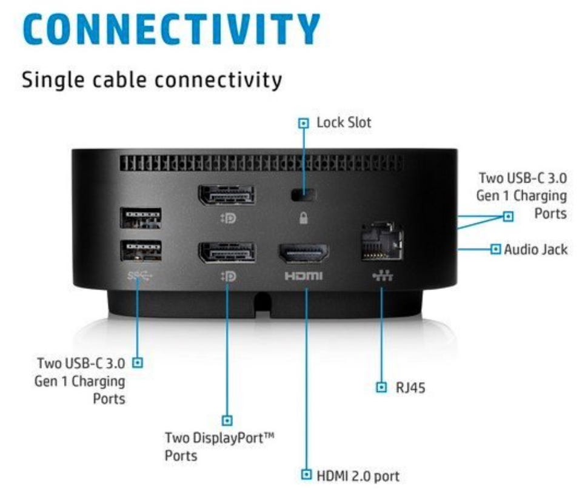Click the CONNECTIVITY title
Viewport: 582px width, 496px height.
[x=172, y=29]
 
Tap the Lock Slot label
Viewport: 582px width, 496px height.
[x=344, y=122]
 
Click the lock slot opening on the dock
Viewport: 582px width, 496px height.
[x=303, y=194]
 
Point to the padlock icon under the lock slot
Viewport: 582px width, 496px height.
[x=303, y=218]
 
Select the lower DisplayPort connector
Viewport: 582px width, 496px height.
[x=227, y=253]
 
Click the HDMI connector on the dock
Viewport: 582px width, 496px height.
[x=304, y=254]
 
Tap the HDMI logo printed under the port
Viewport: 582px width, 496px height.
[x=304, y=276]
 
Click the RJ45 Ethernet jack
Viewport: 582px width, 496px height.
[x=382, y=241]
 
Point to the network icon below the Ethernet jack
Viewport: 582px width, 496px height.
[x=383, y=276]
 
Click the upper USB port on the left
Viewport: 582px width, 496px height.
[x=141, y=218]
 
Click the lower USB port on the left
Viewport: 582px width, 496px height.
[x=141, y=251]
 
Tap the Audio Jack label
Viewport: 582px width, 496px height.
[x=535, y=250]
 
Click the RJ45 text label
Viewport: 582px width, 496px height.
[x=410, y=388]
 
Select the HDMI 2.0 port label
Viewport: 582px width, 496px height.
[x=358, y=477]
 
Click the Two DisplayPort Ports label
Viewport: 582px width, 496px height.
[x=219, y=447]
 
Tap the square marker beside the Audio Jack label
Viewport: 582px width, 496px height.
[x=495, y=249]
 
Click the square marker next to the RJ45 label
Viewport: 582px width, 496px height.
[x=381, y=387]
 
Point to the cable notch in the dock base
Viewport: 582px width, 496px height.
[x=263, y=302]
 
